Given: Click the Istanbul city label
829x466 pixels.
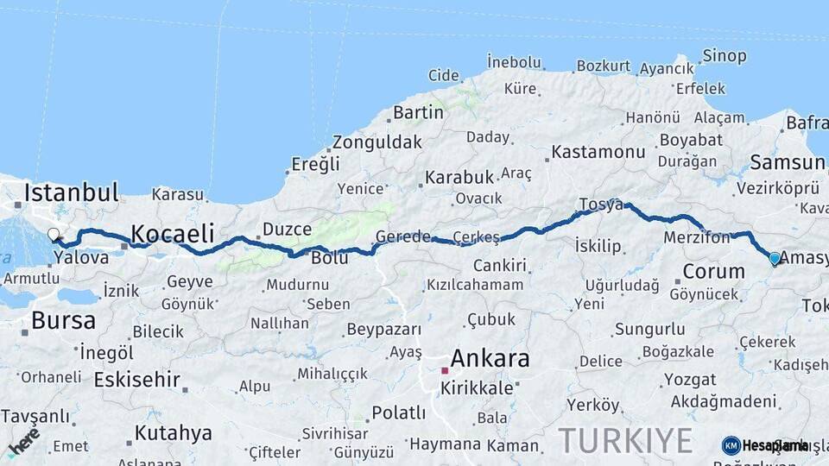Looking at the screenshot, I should [71, 192].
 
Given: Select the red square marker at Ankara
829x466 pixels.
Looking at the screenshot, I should [445, 370].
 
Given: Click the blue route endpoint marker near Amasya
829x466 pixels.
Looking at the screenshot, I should [775, 258].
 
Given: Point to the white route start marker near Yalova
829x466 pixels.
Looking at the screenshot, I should [54, 234].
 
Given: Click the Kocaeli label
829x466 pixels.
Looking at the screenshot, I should [172, 233].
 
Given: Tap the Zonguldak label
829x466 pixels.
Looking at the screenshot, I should [377, 142].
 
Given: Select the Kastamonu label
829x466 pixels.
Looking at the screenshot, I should [598, 152].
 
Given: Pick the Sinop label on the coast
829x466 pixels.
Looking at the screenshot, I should [724, 56].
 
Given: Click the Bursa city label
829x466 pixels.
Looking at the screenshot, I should [63, 321].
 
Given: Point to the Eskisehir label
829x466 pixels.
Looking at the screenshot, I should [136, 380].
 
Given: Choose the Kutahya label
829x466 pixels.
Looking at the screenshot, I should [173, 432].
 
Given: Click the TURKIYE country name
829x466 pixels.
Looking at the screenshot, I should [625, 440].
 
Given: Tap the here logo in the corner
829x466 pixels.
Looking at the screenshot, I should [23, 442].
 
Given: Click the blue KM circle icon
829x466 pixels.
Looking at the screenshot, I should [731, 445].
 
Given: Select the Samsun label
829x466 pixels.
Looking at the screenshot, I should [787, 162].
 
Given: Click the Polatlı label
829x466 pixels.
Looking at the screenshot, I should [398, 412].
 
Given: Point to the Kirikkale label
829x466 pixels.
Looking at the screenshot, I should [476, 388].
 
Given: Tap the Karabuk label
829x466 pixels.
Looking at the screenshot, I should [459, 177].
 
